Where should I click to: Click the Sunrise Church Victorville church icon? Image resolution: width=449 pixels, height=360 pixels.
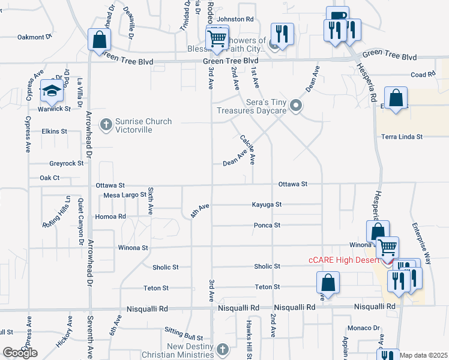[x=106, y=125]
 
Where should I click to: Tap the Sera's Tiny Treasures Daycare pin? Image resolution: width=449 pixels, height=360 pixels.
[x=295, y=106]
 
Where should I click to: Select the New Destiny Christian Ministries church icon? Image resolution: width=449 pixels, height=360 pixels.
[x=222, y=349]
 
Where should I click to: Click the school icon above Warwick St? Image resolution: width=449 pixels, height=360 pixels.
[x=52, y=92]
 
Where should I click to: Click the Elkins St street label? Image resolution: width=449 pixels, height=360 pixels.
[x=54, y=131]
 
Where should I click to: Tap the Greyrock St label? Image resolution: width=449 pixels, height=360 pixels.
[x=67, y=163]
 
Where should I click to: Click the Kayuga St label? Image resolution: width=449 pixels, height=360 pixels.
[x=267, y=205]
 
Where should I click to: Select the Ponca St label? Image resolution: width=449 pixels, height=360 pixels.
[x=269, y=225]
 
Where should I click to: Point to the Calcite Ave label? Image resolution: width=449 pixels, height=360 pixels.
[x=248, y=150]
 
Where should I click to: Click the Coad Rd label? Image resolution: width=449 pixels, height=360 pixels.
[x=423, y=74]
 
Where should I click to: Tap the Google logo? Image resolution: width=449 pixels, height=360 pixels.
[x=20, y=353]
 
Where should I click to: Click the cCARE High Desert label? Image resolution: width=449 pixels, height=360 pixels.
[x=344, y=260]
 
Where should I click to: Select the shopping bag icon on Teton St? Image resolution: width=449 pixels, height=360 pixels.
[x=328, y=282]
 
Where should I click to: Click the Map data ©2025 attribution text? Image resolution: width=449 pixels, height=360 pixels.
[x=424, y=355]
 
